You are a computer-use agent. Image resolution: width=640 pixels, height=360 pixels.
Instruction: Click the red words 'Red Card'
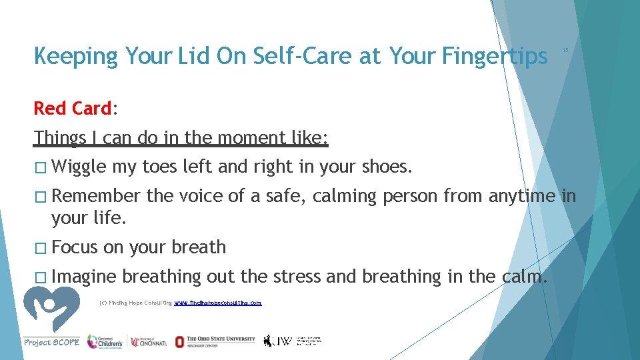tap(73, 108)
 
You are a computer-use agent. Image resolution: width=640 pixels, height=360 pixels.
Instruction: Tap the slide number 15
tap(565, 50)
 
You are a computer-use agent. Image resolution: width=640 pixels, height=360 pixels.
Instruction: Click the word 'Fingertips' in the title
tap(494, 57)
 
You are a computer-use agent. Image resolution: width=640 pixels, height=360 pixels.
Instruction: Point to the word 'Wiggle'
tap(79, 167)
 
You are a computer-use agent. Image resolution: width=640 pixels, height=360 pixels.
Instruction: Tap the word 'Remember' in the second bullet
tap(96, 196)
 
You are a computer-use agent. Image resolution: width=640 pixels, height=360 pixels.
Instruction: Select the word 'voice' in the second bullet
tap(201, 196)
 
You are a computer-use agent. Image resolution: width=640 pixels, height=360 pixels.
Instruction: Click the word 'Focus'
tap(74, 247)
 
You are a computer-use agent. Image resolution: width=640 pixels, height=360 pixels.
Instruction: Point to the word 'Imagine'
tap(83, 277)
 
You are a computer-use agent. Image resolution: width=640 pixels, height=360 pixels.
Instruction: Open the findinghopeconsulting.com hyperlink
tap(218, 303)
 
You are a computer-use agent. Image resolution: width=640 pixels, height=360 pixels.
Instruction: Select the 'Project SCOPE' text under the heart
tap(51, 342)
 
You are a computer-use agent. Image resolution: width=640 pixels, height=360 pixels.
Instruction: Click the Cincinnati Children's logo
tap(105, 341)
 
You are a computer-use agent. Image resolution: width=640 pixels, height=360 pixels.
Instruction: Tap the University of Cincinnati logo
tap(147, 341)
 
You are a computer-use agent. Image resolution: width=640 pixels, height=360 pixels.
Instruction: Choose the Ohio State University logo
tap(215, 341)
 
